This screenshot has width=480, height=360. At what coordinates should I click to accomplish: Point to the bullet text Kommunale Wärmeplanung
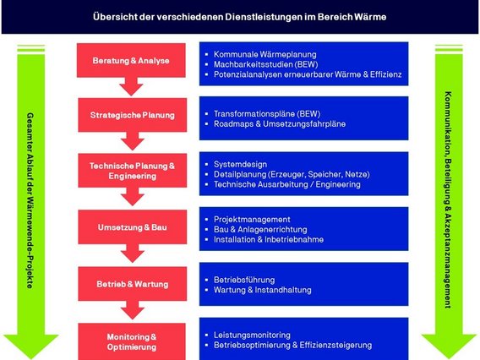259,52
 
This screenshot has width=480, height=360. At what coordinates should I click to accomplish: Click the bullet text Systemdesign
241,163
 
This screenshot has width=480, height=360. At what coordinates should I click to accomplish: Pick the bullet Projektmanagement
252,219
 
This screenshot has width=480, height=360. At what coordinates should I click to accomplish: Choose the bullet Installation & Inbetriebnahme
269,240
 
